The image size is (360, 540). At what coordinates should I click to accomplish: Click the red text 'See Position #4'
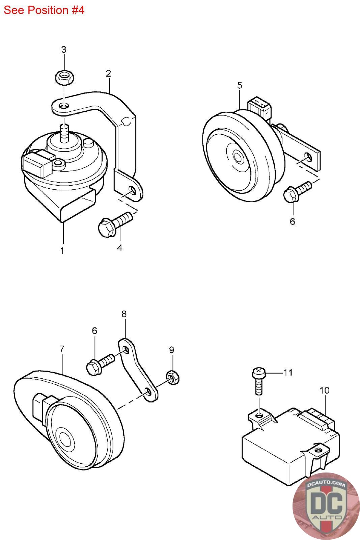point(44,10)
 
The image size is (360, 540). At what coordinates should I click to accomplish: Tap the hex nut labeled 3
point(64,77)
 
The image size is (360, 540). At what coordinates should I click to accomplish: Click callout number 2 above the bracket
point(108,73)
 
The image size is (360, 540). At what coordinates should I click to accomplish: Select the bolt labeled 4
point(115,224)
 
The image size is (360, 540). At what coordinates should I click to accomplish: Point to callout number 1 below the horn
point(62,250)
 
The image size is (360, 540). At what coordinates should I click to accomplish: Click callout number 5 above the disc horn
point(240,85)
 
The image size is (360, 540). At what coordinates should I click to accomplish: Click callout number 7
point(62,349)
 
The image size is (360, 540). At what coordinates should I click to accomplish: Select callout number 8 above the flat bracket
point(124,314)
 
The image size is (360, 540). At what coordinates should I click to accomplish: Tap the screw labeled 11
point(259,381)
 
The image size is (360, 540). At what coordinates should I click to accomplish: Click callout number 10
point(324,390)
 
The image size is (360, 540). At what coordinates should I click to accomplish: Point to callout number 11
point(288,373)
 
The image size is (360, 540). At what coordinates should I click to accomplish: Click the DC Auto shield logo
point(326,507)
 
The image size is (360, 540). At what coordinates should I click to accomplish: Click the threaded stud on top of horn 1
point(64,134)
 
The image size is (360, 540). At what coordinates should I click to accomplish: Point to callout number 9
point(172,350)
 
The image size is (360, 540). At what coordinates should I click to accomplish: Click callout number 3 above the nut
point(64,49)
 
